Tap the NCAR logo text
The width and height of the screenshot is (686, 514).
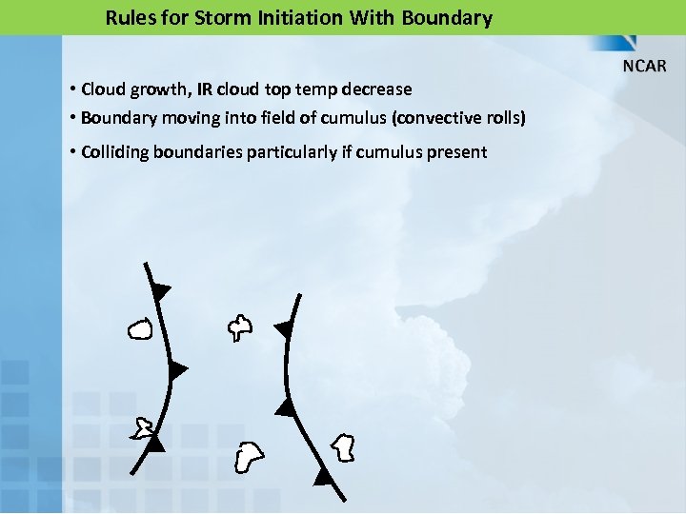tap(645, 67)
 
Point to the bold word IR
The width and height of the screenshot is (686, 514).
tap(204, 89)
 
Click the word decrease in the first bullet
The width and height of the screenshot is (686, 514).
tap(379, 89)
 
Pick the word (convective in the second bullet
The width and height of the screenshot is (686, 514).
tap(422, 118)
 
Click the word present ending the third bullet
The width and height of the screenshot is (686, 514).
tap(457, 152)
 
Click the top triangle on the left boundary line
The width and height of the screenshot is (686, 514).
tap(160, 289)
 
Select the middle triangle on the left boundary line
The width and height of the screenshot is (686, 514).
tap(176, 370)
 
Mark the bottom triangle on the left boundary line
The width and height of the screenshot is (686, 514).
tap(154, 443)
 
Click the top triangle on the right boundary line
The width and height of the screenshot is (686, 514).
tap(284, 329)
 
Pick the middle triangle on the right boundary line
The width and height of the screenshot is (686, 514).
tap(285, 407)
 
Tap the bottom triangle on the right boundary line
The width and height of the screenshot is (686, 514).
tap(324, 476)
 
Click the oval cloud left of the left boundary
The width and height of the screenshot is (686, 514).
tap(139, 330)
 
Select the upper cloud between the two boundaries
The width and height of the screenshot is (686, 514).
tap(239, 328)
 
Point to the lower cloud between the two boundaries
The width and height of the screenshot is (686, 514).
tap(249, 457)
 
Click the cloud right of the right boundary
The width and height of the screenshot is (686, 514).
tap(343, 446)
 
